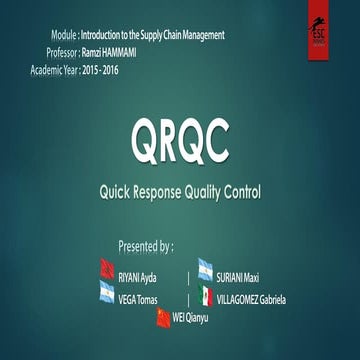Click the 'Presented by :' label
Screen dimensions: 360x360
tap(146, 245)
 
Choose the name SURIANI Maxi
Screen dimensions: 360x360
tap(240, 277)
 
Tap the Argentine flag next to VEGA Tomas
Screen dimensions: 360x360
tap(105, 292)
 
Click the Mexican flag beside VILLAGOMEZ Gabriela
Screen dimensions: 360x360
tap(205, 296)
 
